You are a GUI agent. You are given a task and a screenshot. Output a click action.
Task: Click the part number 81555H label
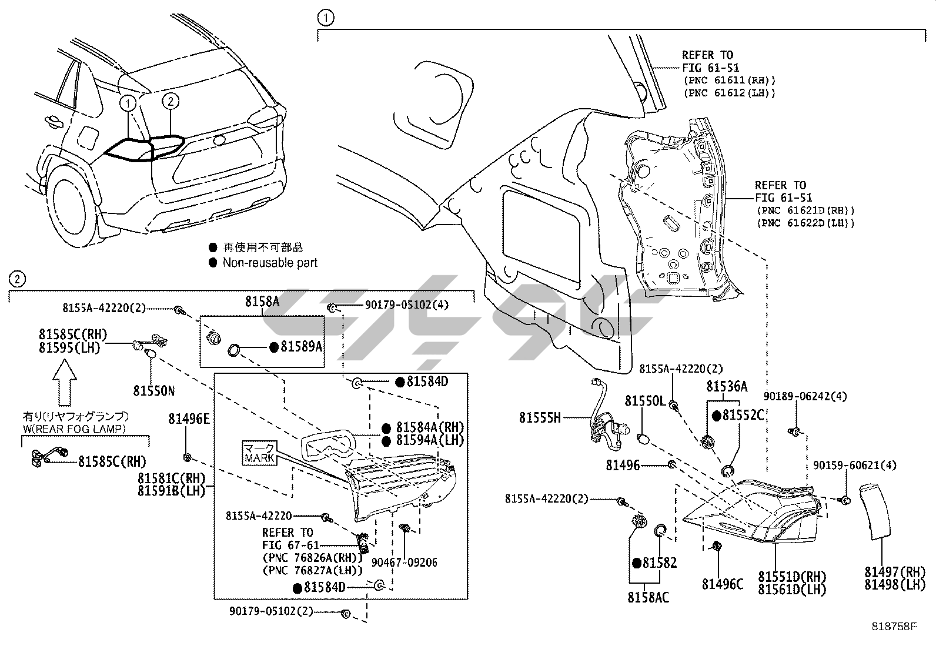click(540, 417)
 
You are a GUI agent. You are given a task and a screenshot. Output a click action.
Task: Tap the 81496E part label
click(189, 419)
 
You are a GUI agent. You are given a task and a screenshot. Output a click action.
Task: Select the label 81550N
click(154, 391)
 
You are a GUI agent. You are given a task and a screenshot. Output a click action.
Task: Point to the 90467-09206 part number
click(405, 563)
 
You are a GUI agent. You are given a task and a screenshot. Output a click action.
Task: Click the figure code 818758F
click(894, 627)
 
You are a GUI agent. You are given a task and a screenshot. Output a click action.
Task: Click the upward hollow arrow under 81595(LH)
click(64, 383)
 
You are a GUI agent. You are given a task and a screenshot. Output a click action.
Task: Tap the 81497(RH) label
click(895, 571)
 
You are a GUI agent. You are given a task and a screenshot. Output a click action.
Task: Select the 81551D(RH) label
click(793, 577)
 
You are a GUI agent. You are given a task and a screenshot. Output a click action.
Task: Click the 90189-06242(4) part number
click(805, 396)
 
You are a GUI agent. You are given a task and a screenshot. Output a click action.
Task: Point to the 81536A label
click(727, 387)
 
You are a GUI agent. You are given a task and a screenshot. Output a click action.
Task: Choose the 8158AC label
click(648, 598)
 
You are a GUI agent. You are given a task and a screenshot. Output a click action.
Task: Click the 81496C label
click(723, 584)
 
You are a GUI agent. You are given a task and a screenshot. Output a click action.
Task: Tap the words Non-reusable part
click(270, 262)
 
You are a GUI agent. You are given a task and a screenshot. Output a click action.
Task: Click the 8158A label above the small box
click(262, 302)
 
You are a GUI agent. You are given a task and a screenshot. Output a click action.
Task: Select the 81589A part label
click(301, 346)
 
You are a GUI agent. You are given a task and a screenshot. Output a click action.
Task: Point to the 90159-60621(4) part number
click(855, 465)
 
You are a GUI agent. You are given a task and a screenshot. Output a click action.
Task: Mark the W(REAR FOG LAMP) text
click(74, 429)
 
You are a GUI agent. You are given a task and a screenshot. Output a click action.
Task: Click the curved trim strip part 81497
click(875, 512)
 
